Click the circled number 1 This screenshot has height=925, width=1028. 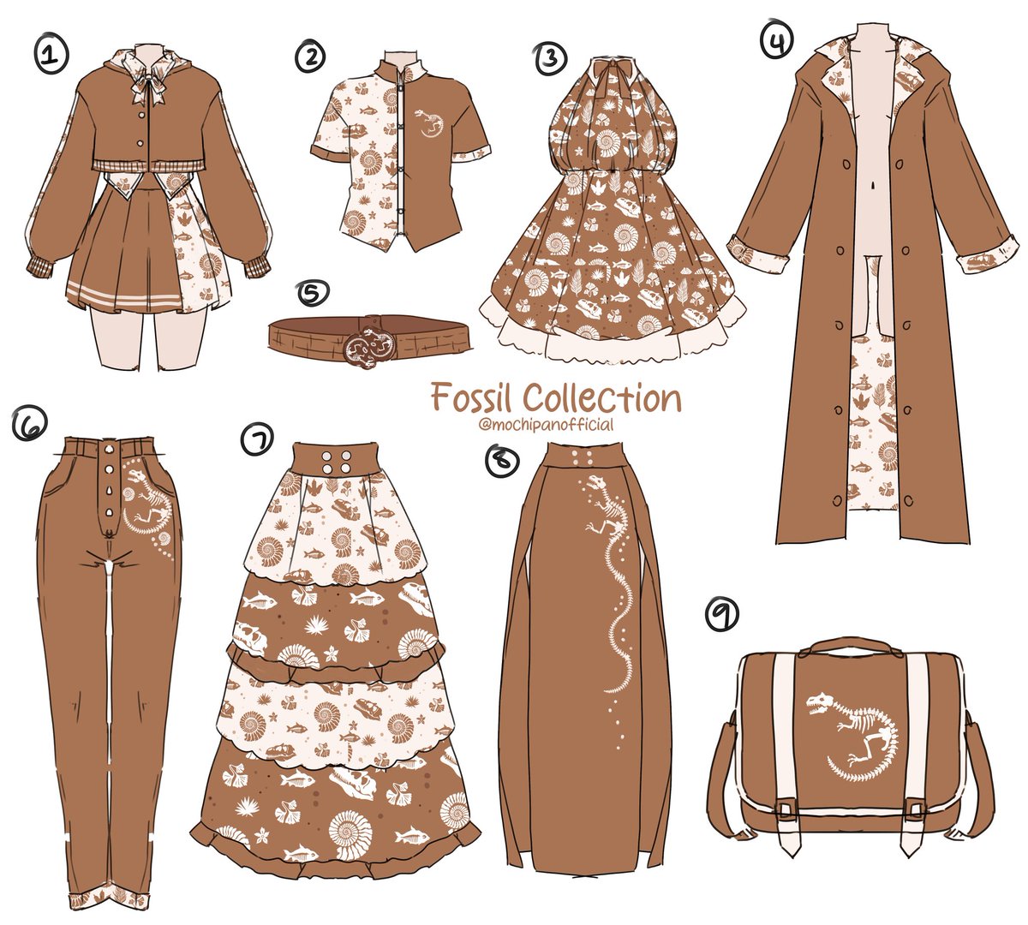tap(51, 57)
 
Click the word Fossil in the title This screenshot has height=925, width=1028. tap(472, 397)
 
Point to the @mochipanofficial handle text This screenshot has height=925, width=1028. tap(547, 425)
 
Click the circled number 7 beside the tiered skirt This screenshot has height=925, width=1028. tap(258, 441)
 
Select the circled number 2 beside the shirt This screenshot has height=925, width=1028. tap(310, 57)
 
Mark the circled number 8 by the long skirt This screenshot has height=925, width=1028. tap(502, 460)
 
